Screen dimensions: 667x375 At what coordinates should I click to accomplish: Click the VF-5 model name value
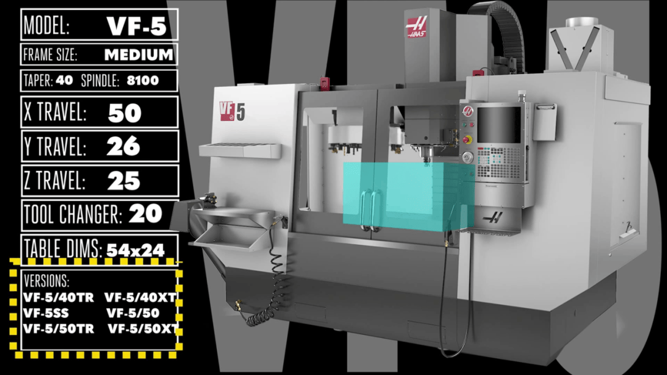[x=136, y=26]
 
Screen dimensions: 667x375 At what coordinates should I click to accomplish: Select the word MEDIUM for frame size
[x=139, y=55]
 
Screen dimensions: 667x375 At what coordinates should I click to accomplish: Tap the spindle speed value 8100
[x=143, y=80]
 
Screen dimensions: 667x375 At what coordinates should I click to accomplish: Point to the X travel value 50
[x=124, y=113]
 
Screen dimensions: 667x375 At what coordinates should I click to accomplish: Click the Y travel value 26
[x=124, y=147]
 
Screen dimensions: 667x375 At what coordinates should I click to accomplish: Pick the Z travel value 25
[x=124, y=181]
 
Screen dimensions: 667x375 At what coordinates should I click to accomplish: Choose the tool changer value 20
[x=146, y=213]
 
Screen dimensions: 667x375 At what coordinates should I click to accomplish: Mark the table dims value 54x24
[x=135, y=250]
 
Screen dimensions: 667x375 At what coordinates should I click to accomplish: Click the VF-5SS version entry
[x=46, y=313]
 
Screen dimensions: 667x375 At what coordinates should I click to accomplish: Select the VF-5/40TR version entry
[x=59, y=297]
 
